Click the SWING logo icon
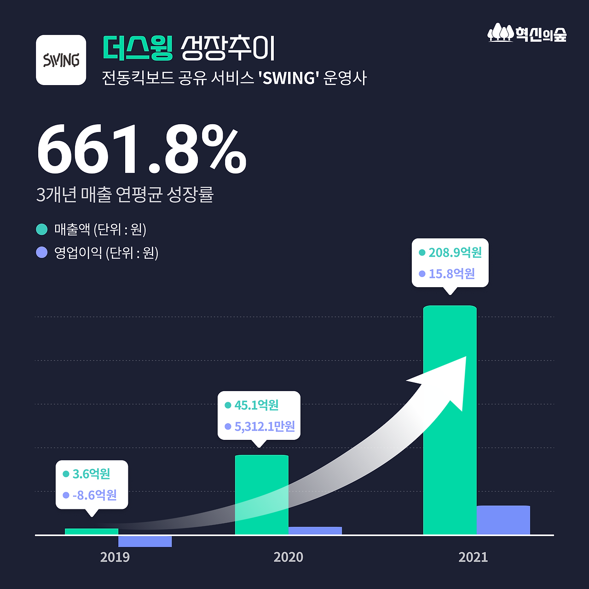click(x=61, y=60)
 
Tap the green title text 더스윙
click(x=138, y=48)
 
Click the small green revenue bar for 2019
click(x=91, y=531)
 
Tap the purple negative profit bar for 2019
click(x=144, y=541)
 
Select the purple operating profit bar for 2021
click(x=503, y=520)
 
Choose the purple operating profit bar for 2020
click(x=315, y=531)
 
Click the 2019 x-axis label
click(x=115, y=557)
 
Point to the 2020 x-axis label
click(x=288, y=557)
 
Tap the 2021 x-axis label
click(x=473, y=557)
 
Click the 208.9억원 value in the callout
click(x=455, y=253)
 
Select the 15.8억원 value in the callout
click(x=451, y=274)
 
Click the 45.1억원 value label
click(x=256, y=405)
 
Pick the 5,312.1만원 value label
click(x=265, y=427)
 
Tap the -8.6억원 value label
click(x=94, y=495)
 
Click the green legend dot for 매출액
click(x=42, y=229)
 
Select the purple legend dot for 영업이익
click(x=42, y=253)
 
